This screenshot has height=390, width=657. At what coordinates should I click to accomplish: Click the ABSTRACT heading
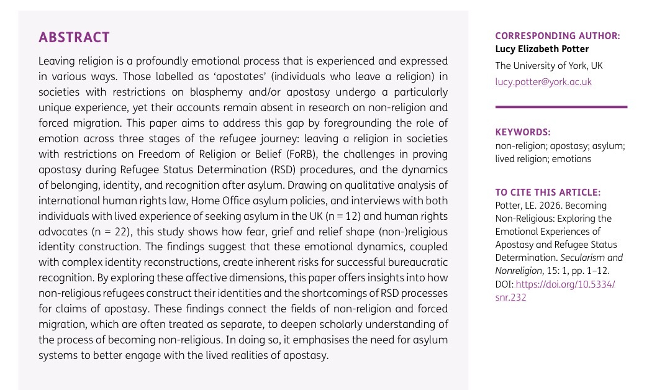click(74, 37)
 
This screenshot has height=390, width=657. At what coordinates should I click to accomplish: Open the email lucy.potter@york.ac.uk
click(543, 82)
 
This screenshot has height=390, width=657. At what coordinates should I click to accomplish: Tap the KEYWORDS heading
click(523, 132)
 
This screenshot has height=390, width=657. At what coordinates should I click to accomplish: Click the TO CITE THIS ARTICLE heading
click(548, 193)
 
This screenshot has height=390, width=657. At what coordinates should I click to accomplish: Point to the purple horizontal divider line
click(561, 107)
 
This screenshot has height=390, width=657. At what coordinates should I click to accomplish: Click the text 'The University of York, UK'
click(548, 66)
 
